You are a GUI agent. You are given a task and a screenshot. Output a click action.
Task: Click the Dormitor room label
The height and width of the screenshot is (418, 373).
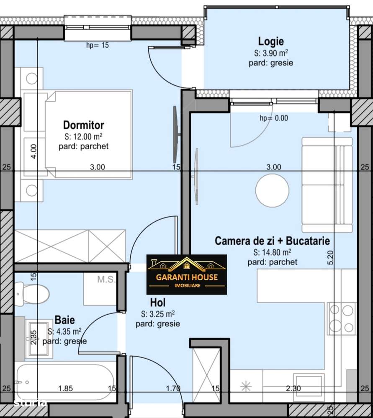pos(83,125)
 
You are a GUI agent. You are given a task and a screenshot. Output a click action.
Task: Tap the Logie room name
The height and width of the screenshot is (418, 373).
pos(271,41)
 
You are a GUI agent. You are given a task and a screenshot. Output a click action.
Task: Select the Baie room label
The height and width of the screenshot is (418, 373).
pos(65,320)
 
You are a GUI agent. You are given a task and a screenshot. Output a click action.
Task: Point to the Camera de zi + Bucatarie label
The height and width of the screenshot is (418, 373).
pos(272,241)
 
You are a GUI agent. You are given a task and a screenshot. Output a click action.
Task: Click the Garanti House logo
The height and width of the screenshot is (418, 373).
pos(187,274)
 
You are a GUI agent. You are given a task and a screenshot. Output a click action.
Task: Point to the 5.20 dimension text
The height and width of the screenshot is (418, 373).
pos(331,257)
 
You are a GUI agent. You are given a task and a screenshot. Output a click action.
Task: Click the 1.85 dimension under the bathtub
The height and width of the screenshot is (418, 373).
pos(65,389)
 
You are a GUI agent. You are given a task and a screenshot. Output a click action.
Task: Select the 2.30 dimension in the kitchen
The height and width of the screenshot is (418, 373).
pos(293,389)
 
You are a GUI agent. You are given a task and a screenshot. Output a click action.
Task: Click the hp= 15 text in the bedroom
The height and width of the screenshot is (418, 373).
pos(97,45)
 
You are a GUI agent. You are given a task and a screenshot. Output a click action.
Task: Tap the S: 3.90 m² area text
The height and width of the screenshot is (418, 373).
pos(271,53)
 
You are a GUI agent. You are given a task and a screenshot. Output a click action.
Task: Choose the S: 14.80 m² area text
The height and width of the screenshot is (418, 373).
pos(272,252)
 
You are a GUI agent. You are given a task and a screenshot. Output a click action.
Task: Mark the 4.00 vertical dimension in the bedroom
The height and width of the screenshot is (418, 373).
pos(34,150)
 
